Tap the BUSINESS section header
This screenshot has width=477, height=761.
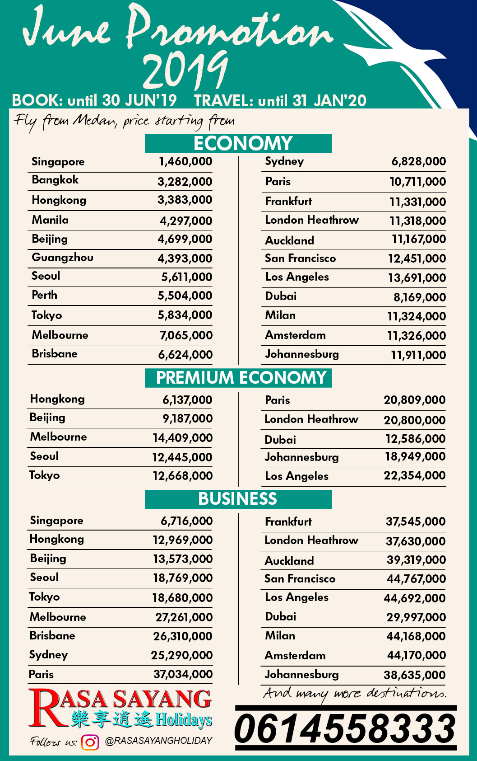238,499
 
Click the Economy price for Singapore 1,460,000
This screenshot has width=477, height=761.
185,161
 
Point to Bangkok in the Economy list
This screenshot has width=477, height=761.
55,180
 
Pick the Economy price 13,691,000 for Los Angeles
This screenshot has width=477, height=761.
417,278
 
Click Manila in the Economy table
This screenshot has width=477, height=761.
50,220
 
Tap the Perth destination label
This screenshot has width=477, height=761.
44,295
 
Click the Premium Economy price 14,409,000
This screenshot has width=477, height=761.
182,438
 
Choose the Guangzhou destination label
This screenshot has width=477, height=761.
62,258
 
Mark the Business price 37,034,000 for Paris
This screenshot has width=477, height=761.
183,674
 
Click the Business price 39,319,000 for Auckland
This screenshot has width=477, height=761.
416,560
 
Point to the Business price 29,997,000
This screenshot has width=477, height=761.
416,617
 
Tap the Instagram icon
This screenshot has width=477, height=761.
90,742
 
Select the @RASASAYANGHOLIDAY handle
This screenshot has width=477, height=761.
158,741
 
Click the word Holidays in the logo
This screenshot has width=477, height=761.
184,719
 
